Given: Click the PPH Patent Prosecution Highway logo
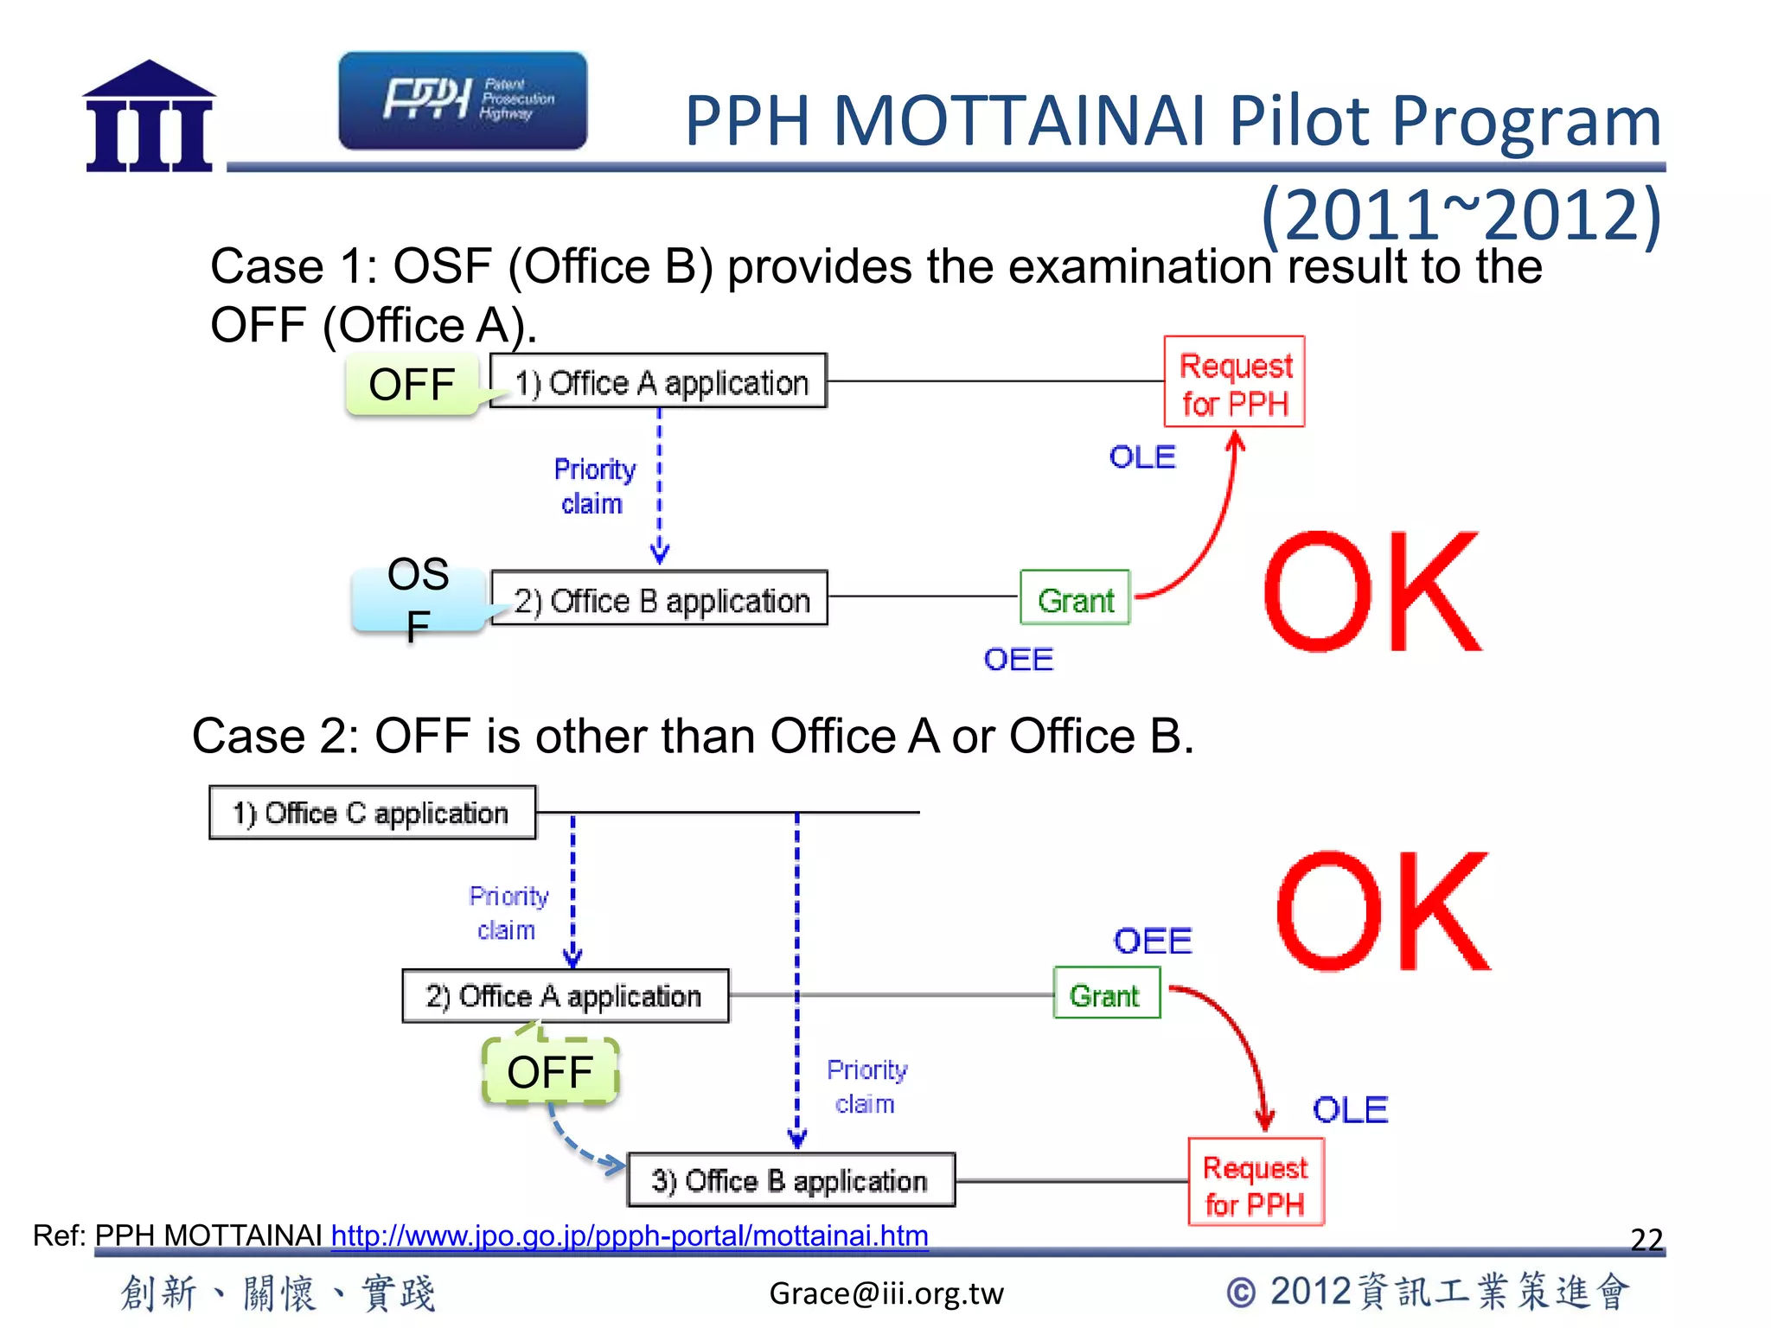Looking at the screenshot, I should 463,100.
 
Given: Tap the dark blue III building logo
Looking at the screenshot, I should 150,118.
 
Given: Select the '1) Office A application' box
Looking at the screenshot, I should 659,381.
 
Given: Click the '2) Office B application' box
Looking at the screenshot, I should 659,598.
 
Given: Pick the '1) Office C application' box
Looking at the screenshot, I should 372,813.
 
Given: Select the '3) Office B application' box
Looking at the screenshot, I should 790,1180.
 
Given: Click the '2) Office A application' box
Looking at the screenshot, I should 566,996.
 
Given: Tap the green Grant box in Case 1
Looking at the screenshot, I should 1075,598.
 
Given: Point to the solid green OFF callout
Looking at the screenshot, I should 412,385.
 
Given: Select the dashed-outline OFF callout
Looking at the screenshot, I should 550,1072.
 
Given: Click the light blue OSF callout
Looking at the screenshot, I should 419,598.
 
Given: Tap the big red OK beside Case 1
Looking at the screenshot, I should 1371,594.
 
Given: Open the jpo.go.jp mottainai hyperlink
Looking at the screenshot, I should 630,1235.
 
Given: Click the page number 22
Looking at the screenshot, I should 1646,1239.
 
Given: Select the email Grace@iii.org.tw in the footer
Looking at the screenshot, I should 886,1293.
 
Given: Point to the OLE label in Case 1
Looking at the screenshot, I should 1142,457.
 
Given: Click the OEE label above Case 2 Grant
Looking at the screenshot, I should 1152,941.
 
